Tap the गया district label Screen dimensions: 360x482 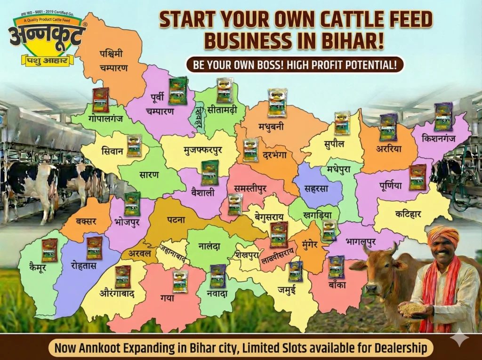(x=167, y=298)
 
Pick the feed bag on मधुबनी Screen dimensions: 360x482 (x=277, y=103)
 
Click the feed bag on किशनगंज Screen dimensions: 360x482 (x=443, y=116)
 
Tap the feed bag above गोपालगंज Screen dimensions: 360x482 (x=100, y=99)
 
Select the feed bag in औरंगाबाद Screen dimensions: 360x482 (x=123, y=276)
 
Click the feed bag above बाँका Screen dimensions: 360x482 (x=336, y=266)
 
